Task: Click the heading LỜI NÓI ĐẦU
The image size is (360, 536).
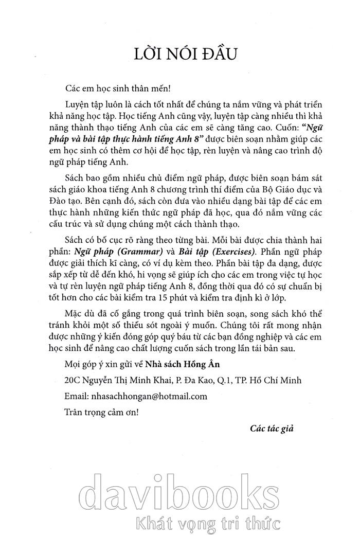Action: [179, 53]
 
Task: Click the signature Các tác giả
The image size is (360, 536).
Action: [271, 428]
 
